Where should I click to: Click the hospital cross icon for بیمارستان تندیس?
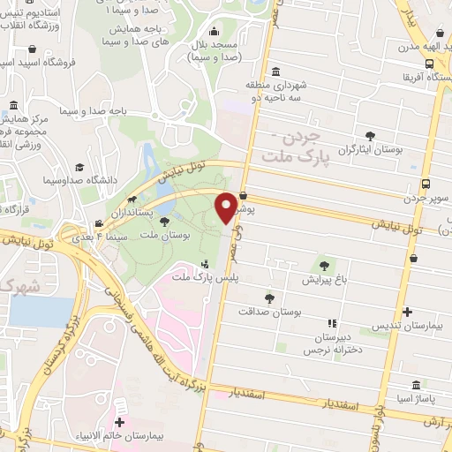point(407,312)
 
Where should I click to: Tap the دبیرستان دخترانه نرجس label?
point(331,345)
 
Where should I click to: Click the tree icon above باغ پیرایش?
point(324,264)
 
